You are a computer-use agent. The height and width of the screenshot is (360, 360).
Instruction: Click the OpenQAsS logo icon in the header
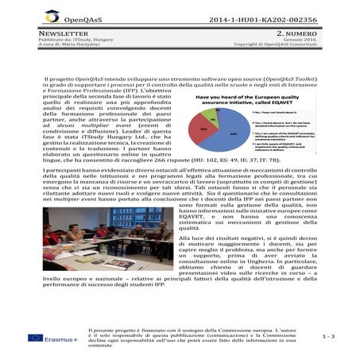(x=52, y=15)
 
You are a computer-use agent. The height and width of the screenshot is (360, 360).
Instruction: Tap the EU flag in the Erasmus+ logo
(x=35, y=337)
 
